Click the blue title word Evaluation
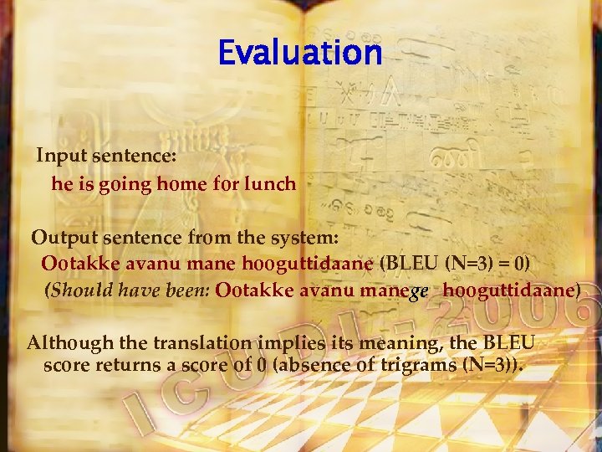(x=299, y=54)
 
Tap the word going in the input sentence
(x=125, y=184)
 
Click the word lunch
(x=270, y=184)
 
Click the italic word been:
(x=188, y=291)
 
